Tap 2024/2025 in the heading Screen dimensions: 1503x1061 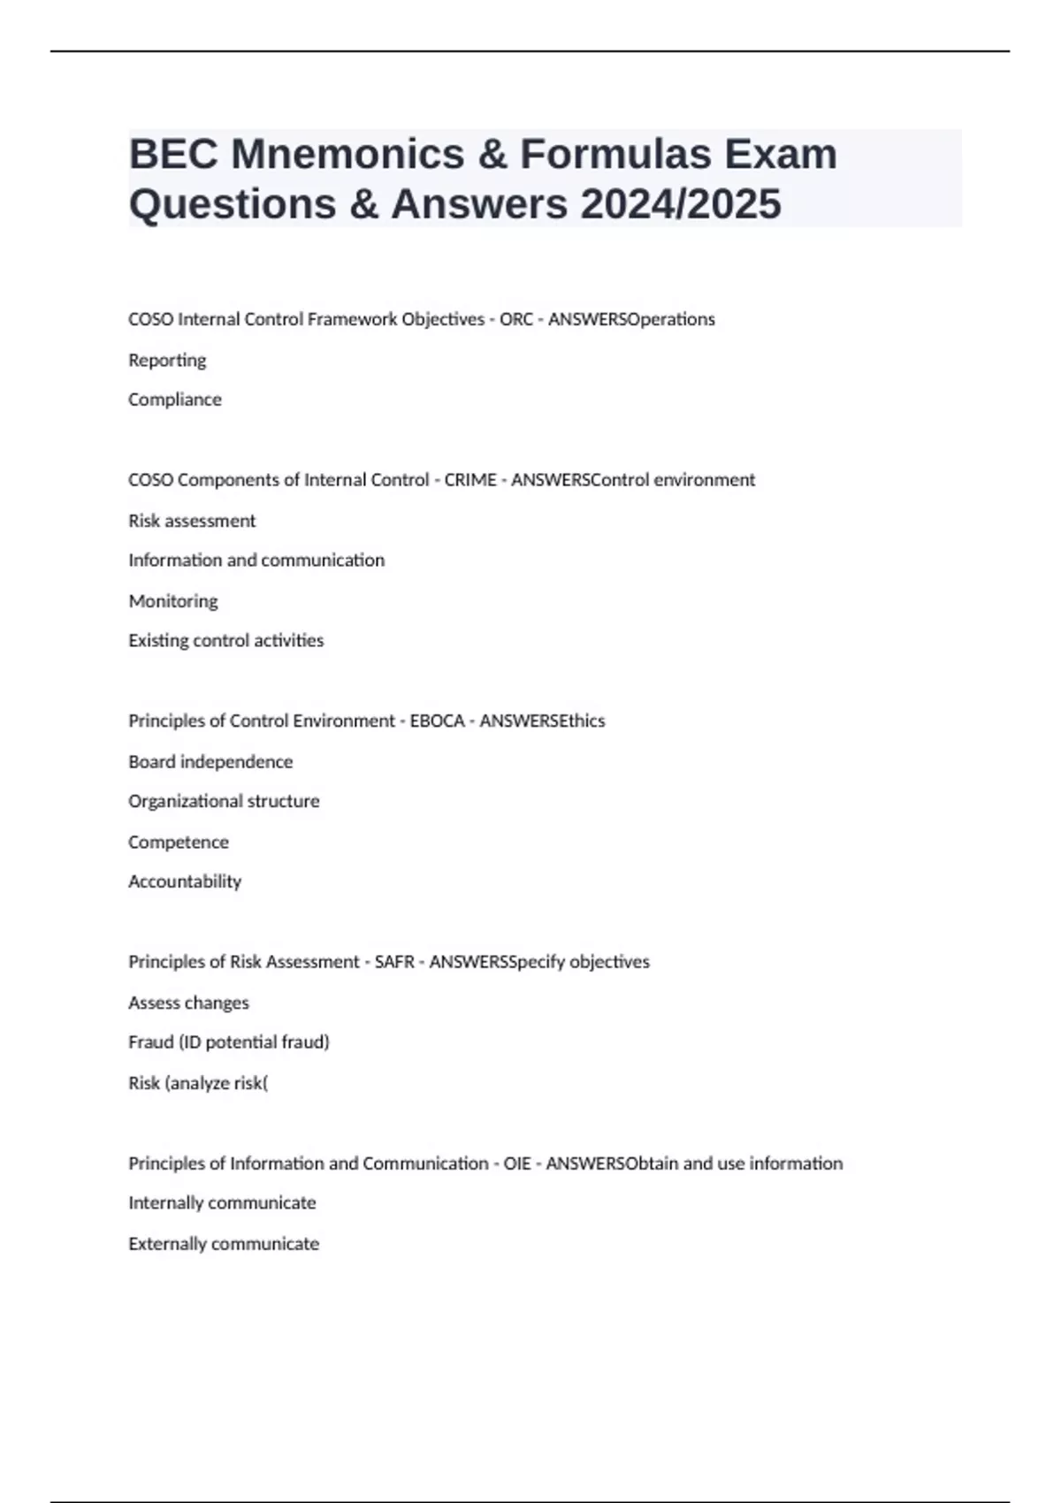click(x=680, y=204)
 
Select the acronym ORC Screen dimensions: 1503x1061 click(x=515, y=319)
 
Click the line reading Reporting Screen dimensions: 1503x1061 click(x=167, y=361)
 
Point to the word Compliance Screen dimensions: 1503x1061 click(x=175, y=400)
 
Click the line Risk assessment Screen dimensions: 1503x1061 click(x=192, y=521)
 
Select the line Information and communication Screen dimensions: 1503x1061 click(x=256, y=561)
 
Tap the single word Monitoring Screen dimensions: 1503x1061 click(x=173, y=601)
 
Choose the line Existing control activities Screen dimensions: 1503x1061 click(x=226, y=640)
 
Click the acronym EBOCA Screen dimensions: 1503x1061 click(x=437, y=721)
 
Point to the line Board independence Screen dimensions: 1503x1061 click(x=210, y=762)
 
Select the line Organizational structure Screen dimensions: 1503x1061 click(x=224, y=801)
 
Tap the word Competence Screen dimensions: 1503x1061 click(x=179, y=843)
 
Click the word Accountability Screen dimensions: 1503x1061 click(x=185, y=881)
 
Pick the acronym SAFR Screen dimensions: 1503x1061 click(x=394, y=962)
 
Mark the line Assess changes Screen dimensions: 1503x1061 click(x=188, y=1003)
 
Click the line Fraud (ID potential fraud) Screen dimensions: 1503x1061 click(x=229, y=1042)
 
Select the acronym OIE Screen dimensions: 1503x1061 click(x=517, y=1163)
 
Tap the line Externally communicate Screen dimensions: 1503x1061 click(x=224, y=1244)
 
